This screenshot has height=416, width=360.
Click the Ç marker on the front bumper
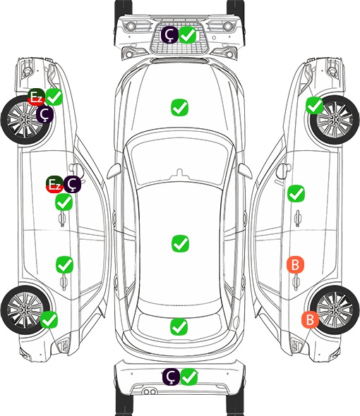pos(169,35)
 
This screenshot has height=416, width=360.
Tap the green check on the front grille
pos(188,35)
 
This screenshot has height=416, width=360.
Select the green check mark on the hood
pos(179,107)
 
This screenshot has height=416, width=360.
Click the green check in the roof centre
pos(180,243)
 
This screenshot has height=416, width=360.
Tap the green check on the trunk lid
pos(179,326)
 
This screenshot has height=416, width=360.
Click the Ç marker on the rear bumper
pos(171,377)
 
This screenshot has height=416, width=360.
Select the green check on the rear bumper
pos(189,377)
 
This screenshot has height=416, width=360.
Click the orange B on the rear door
pos(296,264)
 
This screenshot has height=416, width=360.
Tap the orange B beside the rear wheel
pos(310,319)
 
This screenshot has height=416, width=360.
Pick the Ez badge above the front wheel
pos(36,97)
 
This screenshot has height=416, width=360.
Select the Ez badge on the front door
pos(55,185)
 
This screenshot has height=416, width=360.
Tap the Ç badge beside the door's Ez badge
pos(72,185)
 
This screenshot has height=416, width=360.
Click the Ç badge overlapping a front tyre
pos(45,114)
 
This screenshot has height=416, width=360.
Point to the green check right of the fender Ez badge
pos(54,97)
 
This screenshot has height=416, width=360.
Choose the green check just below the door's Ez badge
pos(64,202)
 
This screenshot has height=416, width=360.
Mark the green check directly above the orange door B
pos(296,193)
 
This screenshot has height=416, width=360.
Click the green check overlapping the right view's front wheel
pos(315,106)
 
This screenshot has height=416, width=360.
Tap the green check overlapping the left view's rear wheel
pos(49,319)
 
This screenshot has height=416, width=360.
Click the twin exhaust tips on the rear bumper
pos(150,392)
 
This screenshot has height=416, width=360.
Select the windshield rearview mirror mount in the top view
pos(179,173)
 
